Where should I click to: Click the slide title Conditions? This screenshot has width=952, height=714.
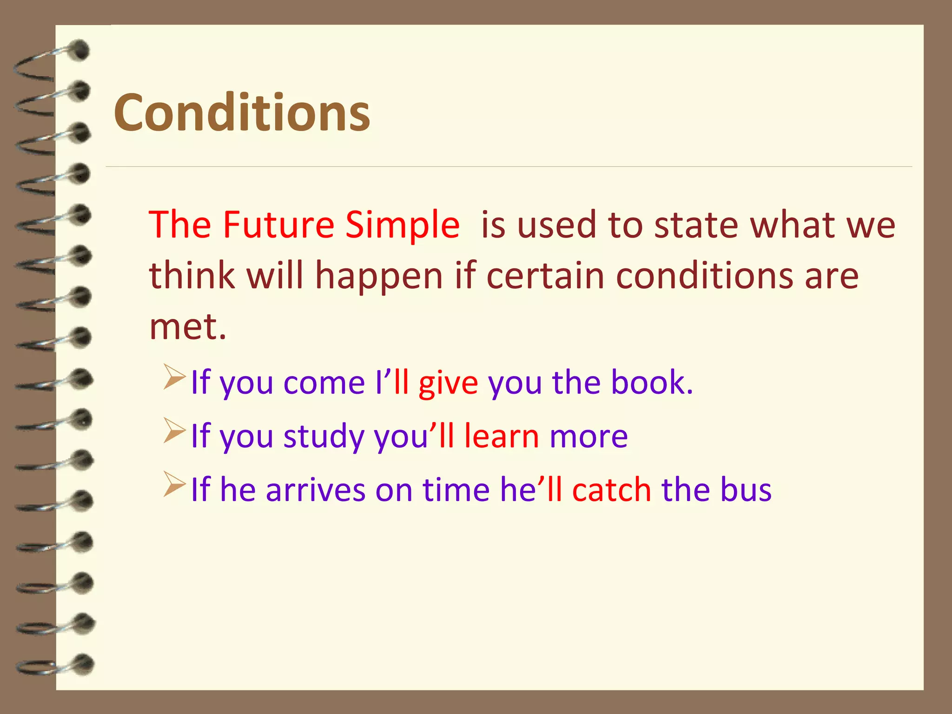[x=242, y=112]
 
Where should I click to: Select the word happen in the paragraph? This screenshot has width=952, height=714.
[x=379, y=276]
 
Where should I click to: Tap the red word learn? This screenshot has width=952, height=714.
[x=502, y=436]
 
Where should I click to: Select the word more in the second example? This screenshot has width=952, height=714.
[x=588, y=437]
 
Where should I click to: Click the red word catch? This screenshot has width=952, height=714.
[x=612, y=490]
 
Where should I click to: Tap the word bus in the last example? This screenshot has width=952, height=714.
[x=746, y=490]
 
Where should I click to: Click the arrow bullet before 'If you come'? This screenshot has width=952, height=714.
[x=175, y=377]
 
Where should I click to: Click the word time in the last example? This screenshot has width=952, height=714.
[x=456, y=490]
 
